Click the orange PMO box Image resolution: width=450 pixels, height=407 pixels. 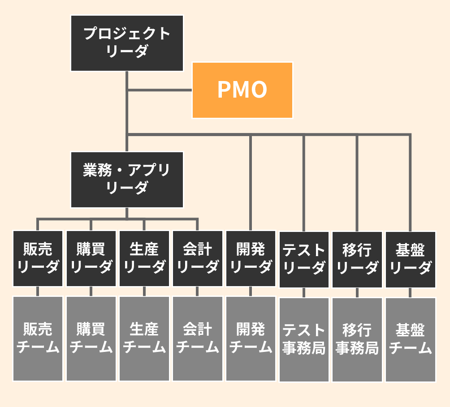coord(242,90)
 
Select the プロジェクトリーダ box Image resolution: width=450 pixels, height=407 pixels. coord(127,43)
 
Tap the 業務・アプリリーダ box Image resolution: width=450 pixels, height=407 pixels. coord(127,180)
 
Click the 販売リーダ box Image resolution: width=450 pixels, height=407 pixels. coord(38,258)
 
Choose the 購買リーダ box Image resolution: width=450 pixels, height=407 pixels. coord(91,258)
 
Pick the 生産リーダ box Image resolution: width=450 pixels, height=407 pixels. coord(144,258)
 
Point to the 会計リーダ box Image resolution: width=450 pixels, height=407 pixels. coord(198,258)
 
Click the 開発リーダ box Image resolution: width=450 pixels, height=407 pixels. coord(251,258)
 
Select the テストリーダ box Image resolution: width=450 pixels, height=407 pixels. coord(304,259)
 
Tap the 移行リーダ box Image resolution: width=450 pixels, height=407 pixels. coord(357,259)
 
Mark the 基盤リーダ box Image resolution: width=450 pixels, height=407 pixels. coord(411,259)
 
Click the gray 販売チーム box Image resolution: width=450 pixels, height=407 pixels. coord(38,338)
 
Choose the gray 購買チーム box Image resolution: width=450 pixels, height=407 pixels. coord(91,338)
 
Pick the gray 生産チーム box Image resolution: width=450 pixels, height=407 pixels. coord(144,338)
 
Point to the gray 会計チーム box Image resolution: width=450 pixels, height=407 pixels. coord(198,338)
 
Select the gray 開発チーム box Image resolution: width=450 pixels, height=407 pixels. coord(251,338)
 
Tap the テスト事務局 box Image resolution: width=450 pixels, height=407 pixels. coord(304,339)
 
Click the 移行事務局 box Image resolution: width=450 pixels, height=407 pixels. coord(357,339)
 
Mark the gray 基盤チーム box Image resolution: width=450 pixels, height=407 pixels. coord(411,339)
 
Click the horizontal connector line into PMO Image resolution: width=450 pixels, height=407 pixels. coord(160,90)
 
